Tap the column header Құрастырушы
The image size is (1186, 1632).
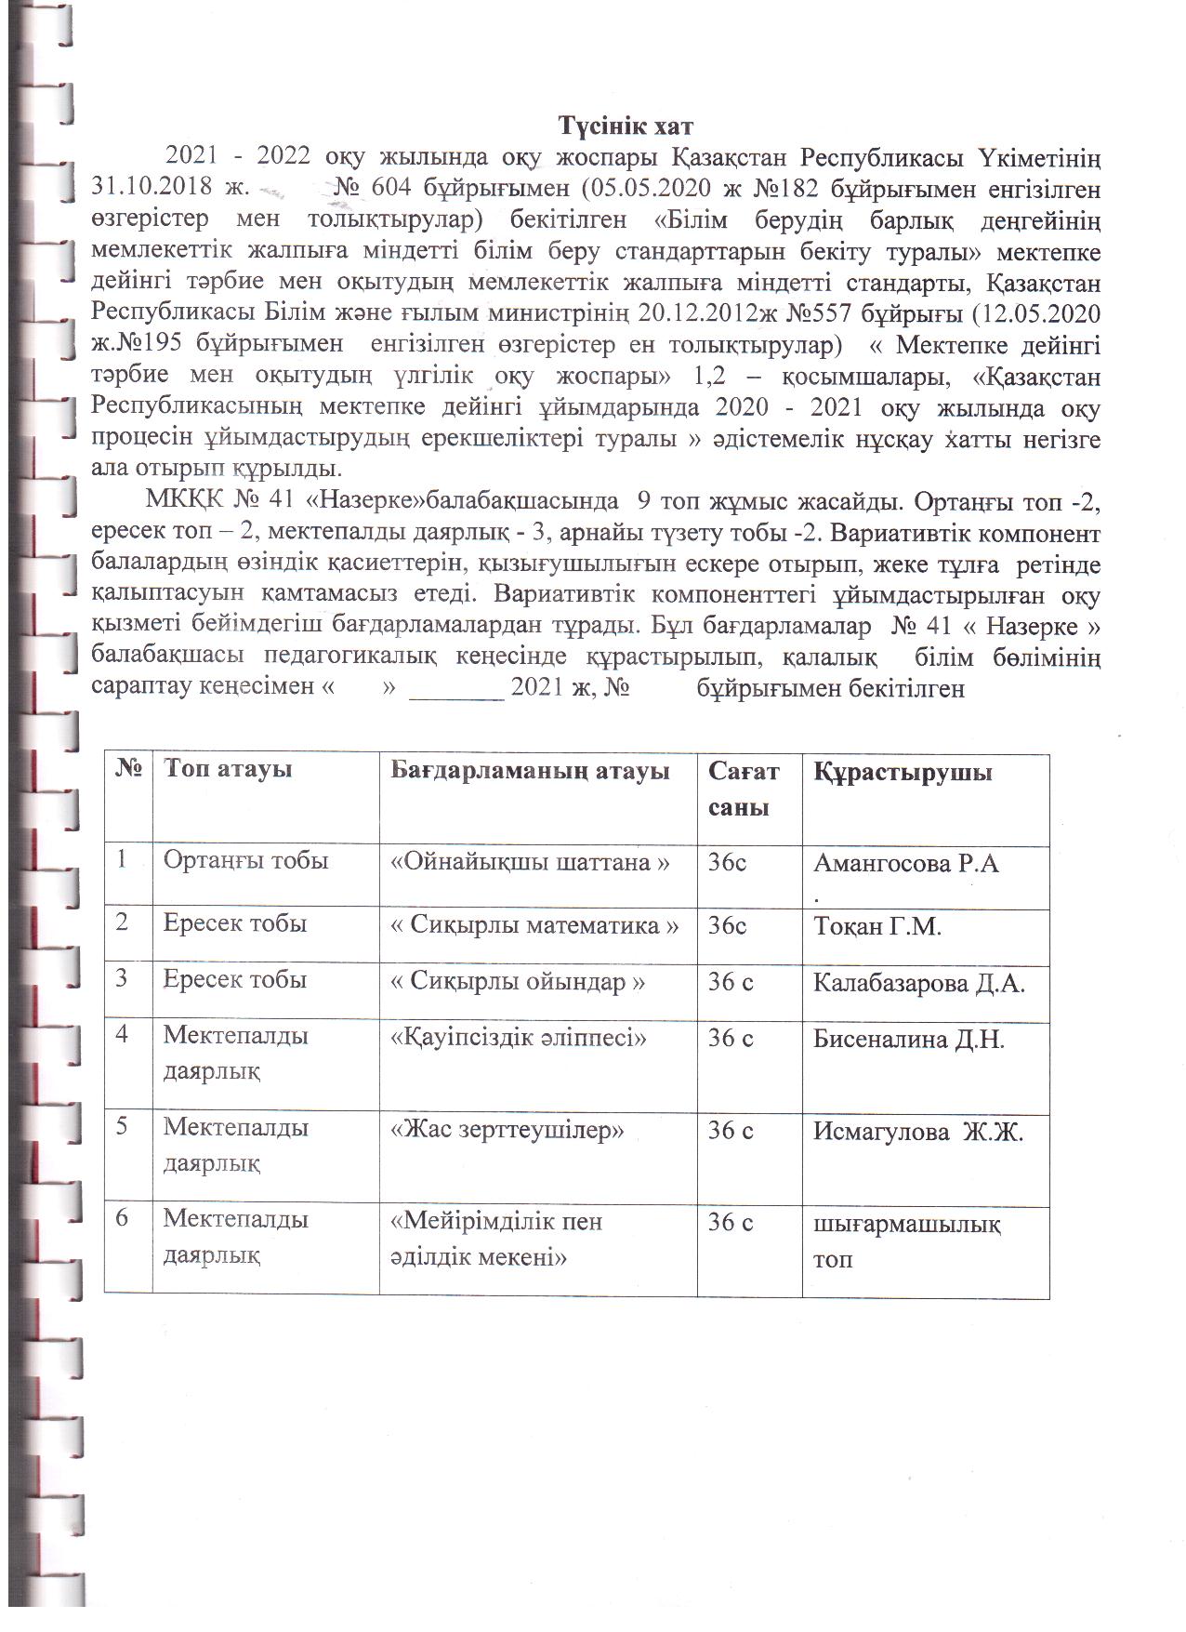point(903,772)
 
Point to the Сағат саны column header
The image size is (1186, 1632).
point(744,788)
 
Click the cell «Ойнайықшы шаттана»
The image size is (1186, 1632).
point(530,862)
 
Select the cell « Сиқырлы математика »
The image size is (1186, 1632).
point(534,925)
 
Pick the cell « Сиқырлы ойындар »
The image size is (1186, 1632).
point(517,982)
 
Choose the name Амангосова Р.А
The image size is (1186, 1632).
point(906,864)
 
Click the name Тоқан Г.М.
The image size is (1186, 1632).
point(877,926)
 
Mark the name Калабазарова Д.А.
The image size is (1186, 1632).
point(919,983)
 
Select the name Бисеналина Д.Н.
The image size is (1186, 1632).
point(909,1039)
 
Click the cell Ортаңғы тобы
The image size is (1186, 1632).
point(245,861)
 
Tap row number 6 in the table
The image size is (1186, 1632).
point(122,1219)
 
